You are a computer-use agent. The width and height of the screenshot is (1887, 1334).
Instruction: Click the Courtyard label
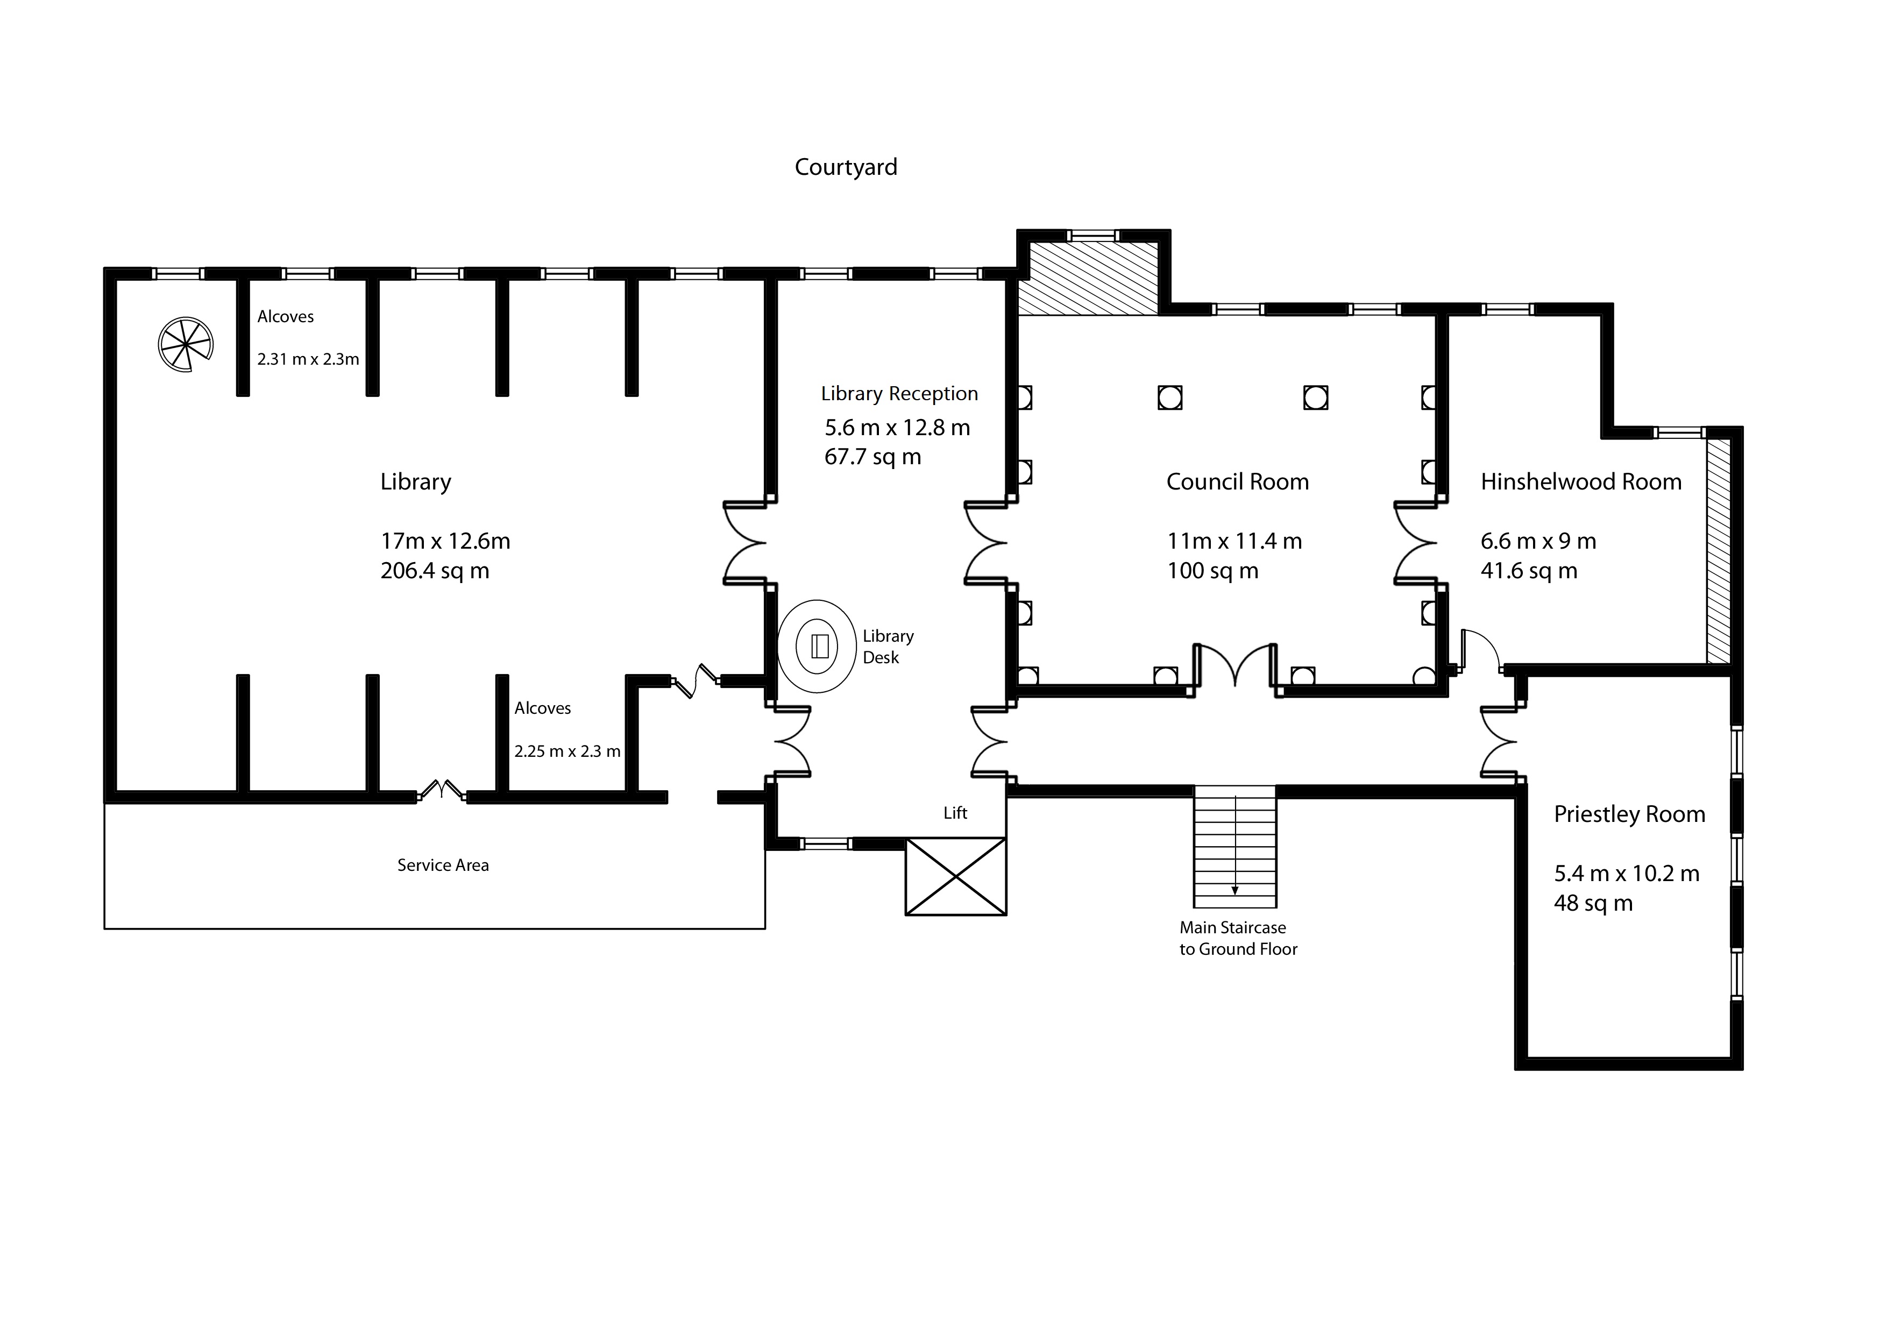click(x=846, y=167)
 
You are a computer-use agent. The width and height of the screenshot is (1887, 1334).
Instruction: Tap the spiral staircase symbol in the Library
click(x=186, y=344)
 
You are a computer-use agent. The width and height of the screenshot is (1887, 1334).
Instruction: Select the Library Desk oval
click(x=818, y=646)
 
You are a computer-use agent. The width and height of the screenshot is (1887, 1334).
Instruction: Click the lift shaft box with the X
click(x=956, y=876)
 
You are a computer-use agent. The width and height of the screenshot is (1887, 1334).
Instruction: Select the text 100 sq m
click(x=1212, y=570)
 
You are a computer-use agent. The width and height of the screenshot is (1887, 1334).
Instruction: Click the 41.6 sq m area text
click(x=1529, y=570)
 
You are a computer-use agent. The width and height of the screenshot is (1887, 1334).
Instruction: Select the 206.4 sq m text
click(x=435, y=570)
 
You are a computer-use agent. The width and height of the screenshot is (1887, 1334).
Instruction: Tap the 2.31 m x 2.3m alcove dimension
click(x=308, y=359)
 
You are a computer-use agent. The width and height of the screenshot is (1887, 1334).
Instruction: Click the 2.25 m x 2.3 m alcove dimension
click(x=567, y=751)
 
